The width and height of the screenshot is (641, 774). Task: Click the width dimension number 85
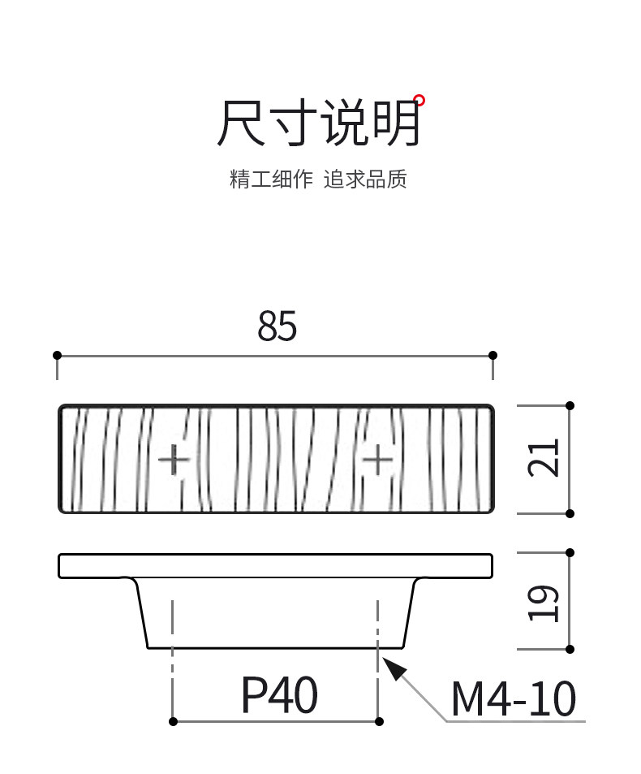pos(277,326)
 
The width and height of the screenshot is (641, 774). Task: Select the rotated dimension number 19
pos(544,603)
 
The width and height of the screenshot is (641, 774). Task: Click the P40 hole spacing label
pos(279,696)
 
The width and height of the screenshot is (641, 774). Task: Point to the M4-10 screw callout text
pos(513,699)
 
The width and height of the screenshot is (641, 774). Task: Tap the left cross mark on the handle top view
pos(173,461)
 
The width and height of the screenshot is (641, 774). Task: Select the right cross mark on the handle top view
pos(377,461)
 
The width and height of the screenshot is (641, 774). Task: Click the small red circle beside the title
pos(419,101)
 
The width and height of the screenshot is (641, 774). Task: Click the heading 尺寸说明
pos(318,124)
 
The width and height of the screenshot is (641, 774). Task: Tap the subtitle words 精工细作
pos(271,179)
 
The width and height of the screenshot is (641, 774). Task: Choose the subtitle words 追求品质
pos(365,179)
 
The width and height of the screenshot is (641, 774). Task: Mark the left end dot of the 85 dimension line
pos(57,355)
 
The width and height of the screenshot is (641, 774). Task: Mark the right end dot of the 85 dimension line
pos(493,355)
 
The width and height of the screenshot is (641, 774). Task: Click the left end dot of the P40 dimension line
pos(173,721)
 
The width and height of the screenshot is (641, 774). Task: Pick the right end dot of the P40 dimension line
pos(378,721)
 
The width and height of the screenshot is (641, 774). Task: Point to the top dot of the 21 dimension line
pos(570,405)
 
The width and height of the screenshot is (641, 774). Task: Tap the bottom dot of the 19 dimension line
pos(570,649)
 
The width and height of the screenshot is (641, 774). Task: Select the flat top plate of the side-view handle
pos(275,565)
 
